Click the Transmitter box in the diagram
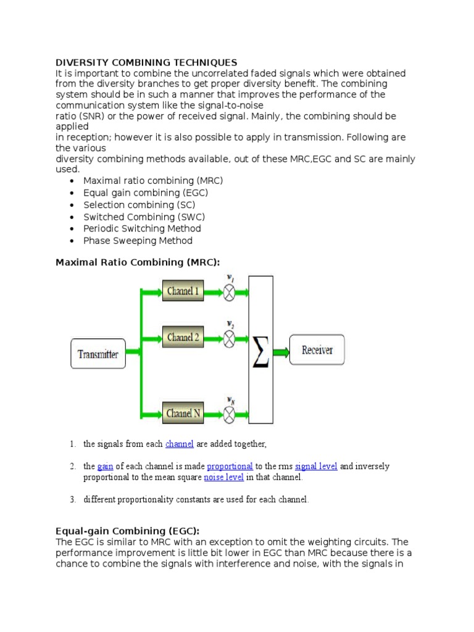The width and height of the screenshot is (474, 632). tap(98, 354)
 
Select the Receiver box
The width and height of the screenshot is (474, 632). tap(317, 351)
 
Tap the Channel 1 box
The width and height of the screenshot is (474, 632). tap(183, 291)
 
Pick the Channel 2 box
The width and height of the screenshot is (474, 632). tap(183, 338)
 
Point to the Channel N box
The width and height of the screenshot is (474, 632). tap(183, 413)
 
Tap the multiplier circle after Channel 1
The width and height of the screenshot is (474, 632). tap(230, 291)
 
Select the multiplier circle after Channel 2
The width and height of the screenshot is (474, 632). tap(230, 338)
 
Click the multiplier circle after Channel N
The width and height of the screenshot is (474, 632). tap(230, 413)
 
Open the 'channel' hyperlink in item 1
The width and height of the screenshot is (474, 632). tap(180, 444)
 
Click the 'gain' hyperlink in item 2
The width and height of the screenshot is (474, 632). tap(104, 466)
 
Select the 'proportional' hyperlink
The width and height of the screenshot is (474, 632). tap(230, 466)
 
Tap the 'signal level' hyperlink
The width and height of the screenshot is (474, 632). tap(316, 466)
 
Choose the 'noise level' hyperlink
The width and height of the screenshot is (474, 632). tap(224, 477)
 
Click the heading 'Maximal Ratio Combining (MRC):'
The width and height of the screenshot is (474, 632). tap(138, 262)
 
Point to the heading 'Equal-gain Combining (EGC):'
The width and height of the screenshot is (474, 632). tap(128, 531)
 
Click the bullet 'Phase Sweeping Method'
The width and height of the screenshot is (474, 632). tap(138, 241)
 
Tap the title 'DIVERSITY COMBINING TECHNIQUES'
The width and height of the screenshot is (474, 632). tap(146, 63)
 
